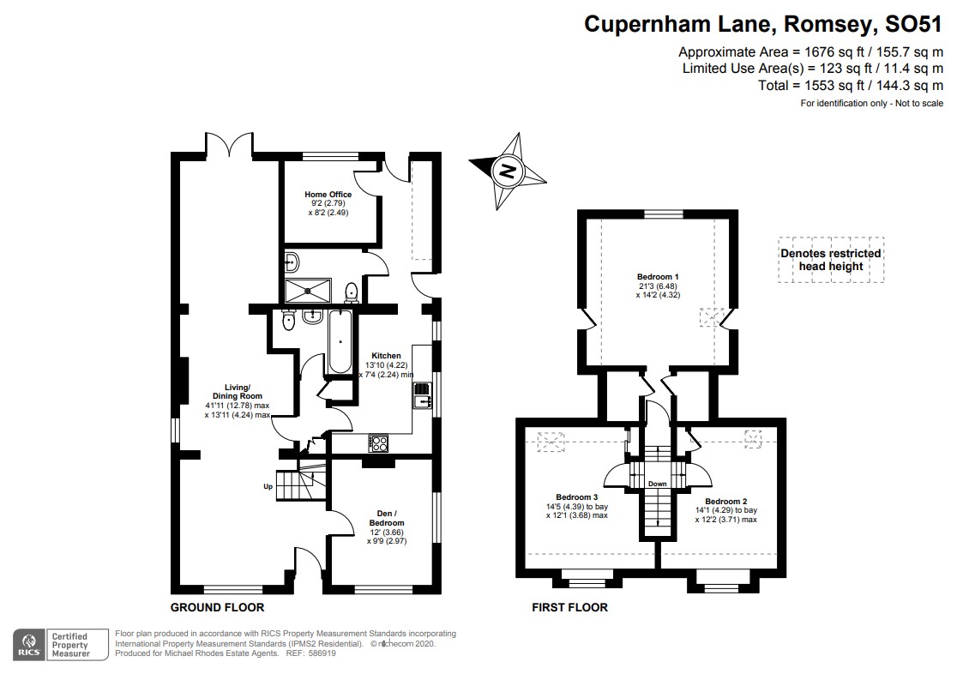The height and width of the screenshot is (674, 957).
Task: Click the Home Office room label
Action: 328,195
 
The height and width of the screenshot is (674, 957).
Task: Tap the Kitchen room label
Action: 386,355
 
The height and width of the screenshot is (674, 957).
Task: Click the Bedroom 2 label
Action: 726,501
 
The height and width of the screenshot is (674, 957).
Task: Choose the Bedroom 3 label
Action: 576,497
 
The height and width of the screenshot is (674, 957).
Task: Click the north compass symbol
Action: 508,171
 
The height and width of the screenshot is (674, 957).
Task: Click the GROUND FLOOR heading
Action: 217,607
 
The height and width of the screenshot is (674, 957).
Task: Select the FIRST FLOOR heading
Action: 570,607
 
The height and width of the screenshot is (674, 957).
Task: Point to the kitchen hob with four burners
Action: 379,443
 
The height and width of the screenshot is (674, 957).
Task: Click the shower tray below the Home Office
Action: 306,291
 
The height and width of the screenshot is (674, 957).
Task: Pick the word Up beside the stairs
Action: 268,487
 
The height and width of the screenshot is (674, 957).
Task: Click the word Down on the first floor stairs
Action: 658,484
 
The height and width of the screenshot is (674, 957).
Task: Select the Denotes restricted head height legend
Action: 829,259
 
